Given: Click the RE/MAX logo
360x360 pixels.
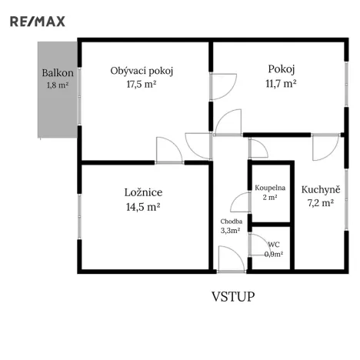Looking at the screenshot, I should [x=37, y=21].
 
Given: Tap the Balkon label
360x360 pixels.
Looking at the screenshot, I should [x=57, y=74].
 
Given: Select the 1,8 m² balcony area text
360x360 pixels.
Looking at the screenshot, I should [x=58, y=85].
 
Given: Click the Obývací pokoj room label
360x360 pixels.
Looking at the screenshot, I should [x=142, y=71].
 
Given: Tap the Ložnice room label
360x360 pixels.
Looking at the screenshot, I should [x=143, y=192].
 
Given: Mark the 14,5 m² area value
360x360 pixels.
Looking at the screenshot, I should [x=143, y=207].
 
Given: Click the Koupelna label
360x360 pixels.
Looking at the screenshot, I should [x=270, y=188].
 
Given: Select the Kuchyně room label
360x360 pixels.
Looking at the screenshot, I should [x=318, y=189].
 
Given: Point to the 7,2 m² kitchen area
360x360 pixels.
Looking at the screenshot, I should [x=318, y=203].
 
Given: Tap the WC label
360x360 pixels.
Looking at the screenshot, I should [x=273, y=245].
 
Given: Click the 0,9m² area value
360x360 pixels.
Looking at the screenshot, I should [x=273, y=254].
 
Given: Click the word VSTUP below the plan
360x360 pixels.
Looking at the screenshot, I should [x=233, y=295].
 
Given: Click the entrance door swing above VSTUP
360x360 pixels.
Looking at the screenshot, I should [x=228, y=258].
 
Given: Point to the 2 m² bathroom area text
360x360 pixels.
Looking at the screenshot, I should [x=270, y=197].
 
